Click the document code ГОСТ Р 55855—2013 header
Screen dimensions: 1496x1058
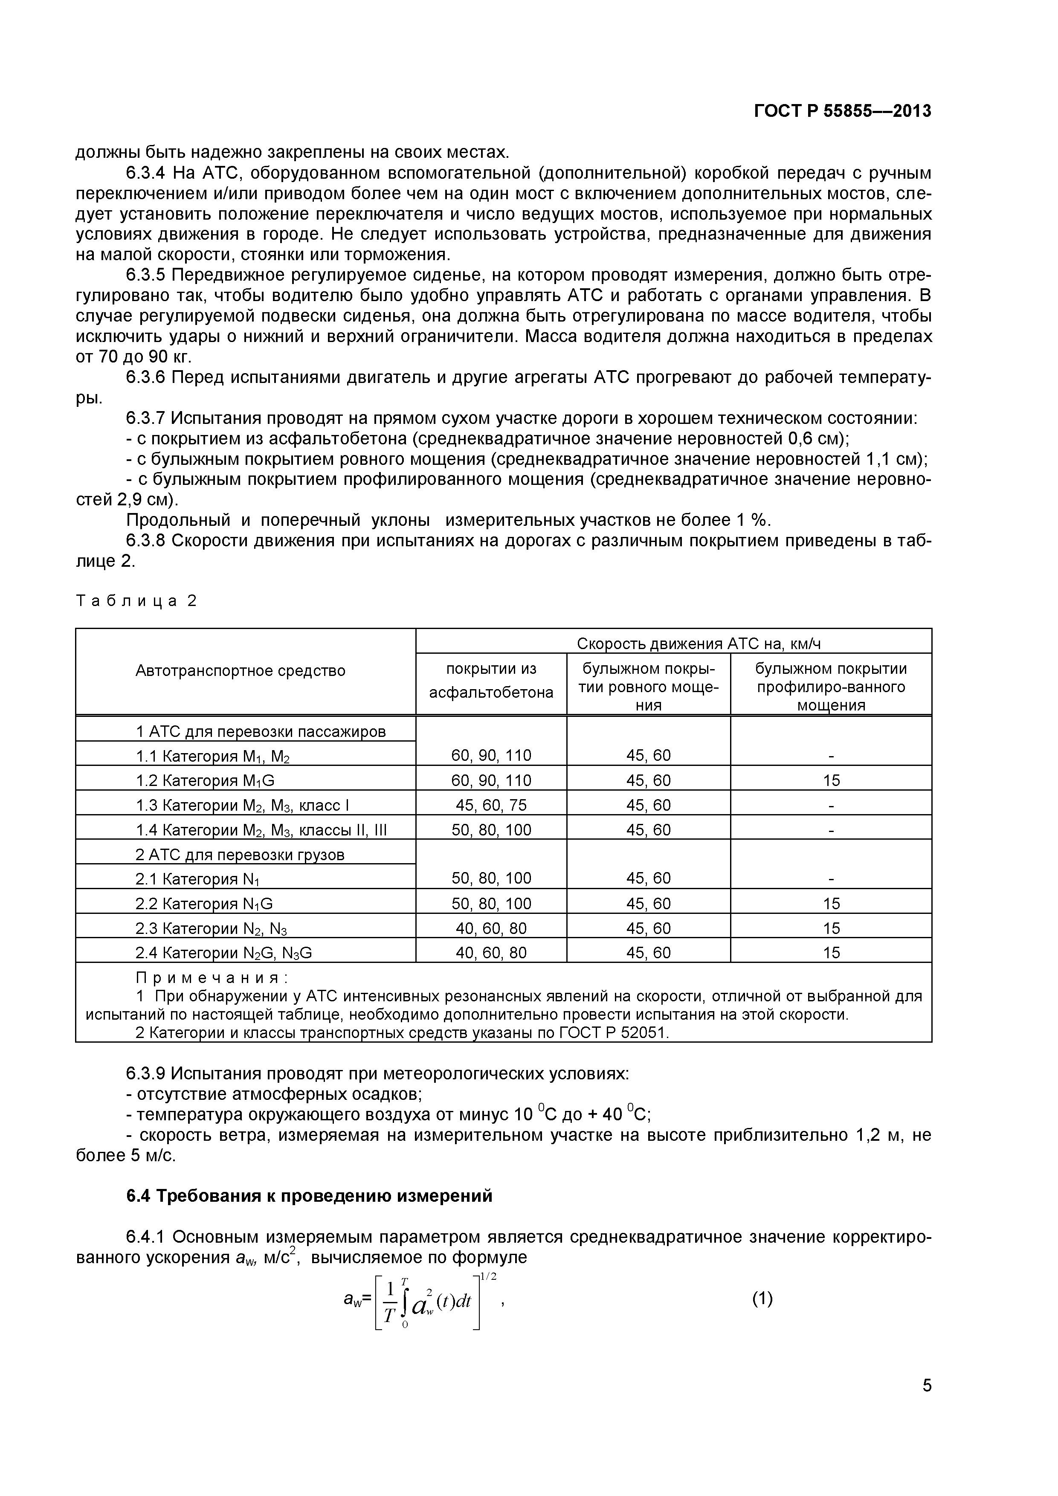pos(842,111)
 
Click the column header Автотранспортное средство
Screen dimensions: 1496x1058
pos(241,670)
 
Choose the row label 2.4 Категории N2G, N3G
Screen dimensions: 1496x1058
pos(223,953)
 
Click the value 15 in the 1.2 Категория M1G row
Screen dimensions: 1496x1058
pos(831,780)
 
